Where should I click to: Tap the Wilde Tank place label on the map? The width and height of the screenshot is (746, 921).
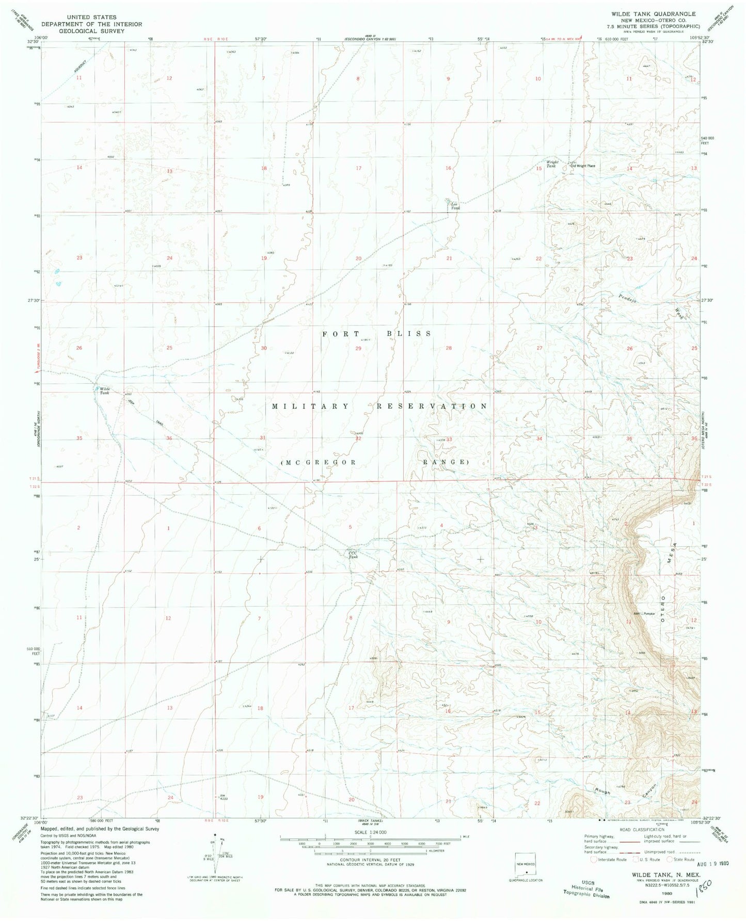click(105, 391)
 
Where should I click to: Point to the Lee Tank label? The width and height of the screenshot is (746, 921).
click(455, 205)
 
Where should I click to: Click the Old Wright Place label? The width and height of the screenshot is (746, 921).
click(582, 166)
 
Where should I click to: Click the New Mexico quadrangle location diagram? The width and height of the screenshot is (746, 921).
click(526, 865)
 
